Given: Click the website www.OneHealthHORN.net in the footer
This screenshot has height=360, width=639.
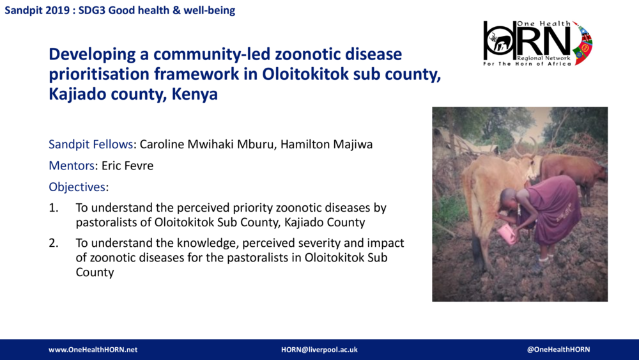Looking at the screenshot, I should click(93, 350).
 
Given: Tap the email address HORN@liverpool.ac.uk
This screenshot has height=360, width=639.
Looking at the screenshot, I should click(319, 350).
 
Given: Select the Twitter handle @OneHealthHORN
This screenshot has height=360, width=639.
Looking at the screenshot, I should click(558, 350).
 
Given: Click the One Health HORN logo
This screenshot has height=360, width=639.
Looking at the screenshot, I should click(537, 43).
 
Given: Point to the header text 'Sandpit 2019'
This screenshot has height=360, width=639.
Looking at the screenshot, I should click(34, 10).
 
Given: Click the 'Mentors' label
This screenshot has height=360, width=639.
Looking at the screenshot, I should click(72, 166).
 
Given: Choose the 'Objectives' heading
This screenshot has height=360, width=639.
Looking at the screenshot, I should click(77, 187).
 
